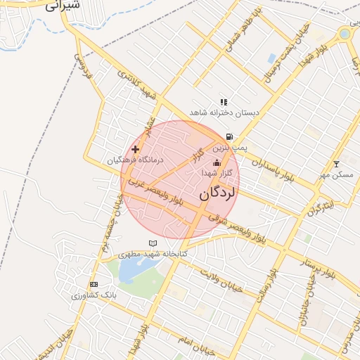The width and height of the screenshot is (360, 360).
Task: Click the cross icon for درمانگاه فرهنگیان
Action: click(135, 149)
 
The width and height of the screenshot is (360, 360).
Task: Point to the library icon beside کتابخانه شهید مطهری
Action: click(153, 243)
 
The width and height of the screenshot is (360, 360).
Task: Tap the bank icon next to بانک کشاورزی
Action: click(94, 284)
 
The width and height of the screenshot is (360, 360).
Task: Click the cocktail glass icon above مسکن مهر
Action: click(336, 163)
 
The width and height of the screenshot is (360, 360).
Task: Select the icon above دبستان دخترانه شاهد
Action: click(224, 102)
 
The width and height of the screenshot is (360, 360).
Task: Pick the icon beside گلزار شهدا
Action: click(216, 163)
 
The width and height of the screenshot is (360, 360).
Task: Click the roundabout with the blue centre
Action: click(345, 33)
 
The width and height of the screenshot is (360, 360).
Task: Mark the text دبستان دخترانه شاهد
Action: click(224, 112)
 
